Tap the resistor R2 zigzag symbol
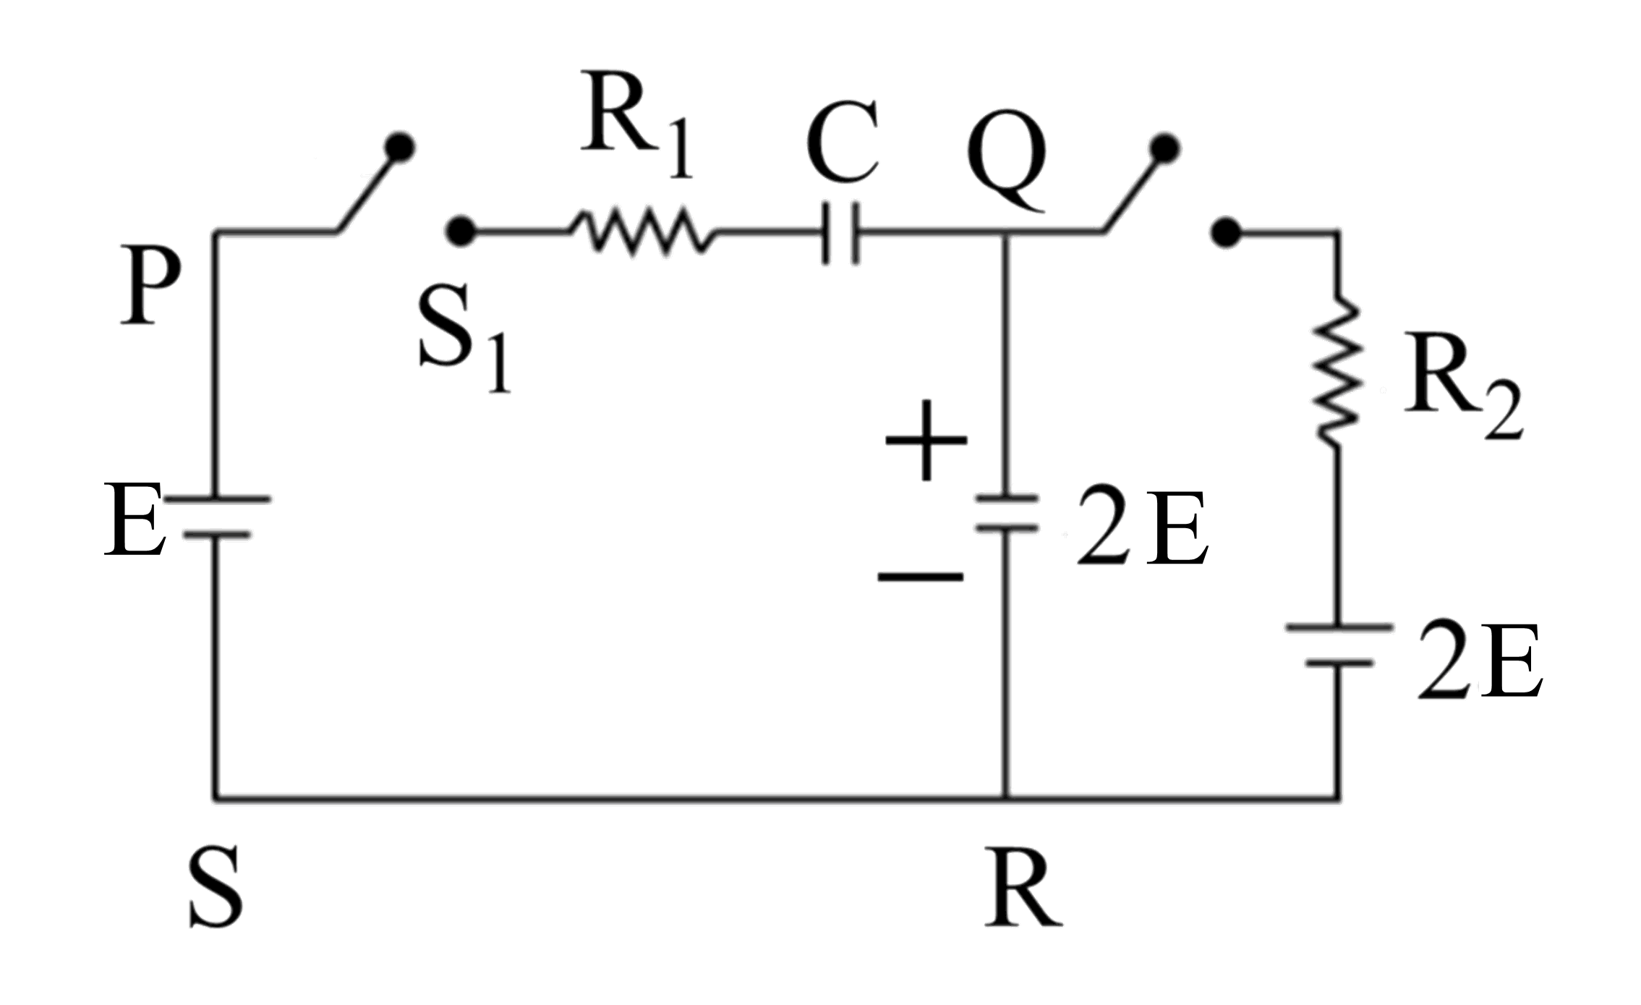coord(1338,370)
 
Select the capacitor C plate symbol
coord(840,233)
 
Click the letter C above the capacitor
coord(843,142)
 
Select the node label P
coord(150,286)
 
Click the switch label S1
coord(463,337)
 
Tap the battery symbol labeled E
coord(216,517)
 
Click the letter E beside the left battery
coord(133,520)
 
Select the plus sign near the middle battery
coord(926,441)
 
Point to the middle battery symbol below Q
coord(1006,513)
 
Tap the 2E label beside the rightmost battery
coord(1478,660)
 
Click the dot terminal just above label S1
coord(460,232)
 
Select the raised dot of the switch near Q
coord(1164,148)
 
